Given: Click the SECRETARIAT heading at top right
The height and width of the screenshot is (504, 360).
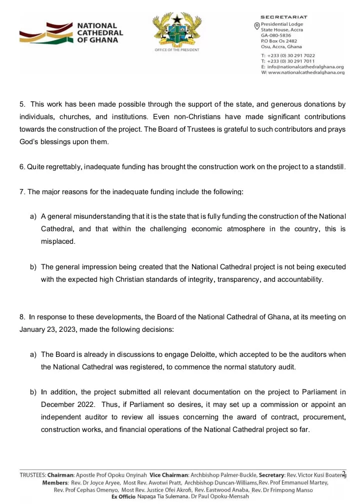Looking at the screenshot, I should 284,18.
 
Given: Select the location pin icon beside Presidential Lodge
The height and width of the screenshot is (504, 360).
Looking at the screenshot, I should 257,26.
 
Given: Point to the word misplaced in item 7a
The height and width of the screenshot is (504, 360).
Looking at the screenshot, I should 58,241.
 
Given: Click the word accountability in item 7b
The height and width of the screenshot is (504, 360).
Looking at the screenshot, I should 300,279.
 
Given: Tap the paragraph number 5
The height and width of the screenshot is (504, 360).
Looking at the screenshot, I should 22,105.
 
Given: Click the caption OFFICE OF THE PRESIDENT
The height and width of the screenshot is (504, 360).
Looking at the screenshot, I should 177,50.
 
